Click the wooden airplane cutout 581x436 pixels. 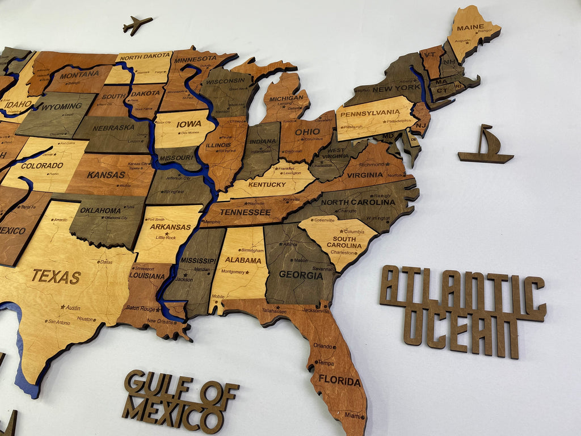tap(137, 24)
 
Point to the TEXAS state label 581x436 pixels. tap(56, 277)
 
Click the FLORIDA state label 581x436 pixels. tap(339, 380)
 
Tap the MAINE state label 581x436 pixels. tap(470, 27)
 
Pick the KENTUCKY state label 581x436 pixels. tap(267, 185)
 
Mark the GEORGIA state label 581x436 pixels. tap(301, 275)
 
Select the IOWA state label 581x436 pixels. tap(188, 124)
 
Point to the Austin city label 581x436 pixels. tap(72, 307)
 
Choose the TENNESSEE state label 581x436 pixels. tap(245, 212)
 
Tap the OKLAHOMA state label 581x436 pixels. tap(100, 210)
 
